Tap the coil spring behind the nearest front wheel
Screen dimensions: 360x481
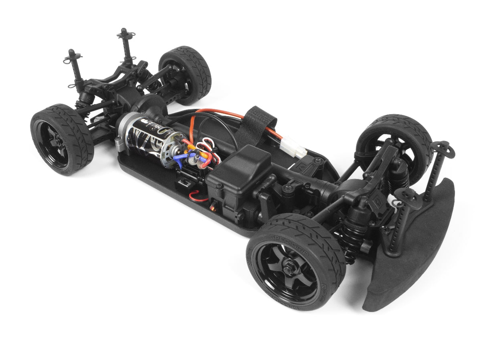(348, 244)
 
